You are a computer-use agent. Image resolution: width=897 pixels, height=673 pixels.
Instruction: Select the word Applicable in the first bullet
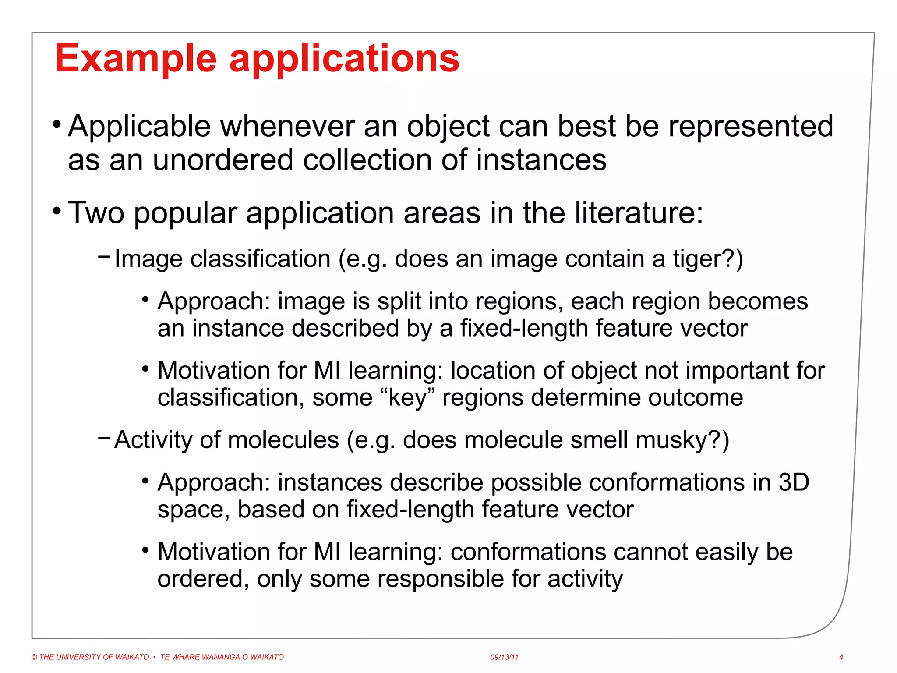[x=139, y=127]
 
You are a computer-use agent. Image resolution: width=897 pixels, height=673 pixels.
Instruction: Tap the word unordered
[x=222, y=159]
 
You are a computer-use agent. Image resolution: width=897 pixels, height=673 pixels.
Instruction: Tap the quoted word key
[x=407, y=398]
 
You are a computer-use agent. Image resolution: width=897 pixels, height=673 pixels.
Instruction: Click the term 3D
[x=793, y=482]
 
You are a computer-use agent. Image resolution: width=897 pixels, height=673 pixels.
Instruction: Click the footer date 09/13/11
[x=504, y=657]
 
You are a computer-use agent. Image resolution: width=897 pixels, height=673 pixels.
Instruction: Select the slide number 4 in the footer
[x=841, y=657]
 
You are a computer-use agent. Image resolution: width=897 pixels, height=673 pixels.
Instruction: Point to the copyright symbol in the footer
[x=34, y=657]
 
